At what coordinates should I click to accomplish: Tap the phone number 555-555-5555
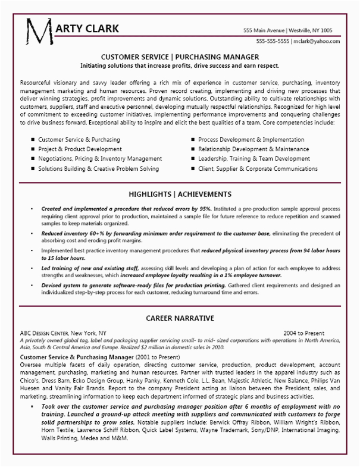273,41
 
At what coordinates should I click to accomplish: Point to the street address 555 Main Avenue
265,30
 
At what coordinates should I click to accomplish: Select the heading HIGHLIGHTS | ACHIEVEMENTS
179,195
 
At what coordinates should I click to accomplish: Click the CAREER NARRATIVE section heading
179,318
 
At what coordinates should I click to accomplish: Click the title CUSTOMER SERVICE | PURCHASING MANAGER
179,57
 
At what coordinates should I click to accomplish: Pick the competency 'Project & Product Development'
83,149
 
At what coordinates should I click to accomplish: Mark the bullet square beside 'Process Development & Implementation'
194,139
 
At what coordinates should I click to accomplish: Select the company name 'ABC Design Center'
43,333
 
